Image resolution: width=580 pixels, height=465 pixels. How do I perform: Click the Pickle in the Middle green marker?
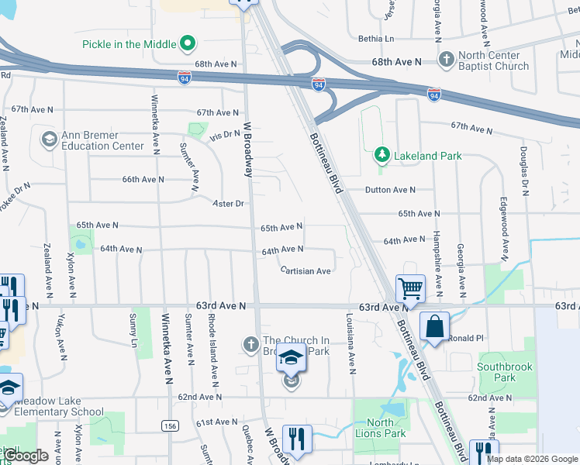[x=187, y=43]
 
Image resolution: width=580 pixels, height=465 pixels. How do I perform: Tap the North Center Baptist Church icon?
[x=446, y=60]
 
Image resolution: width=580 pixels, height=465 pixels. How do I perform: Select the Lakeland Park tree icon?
[x=381, y=156]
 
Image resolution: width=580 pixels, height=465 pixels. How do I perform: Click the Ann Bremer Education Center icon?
[x=49, y=139]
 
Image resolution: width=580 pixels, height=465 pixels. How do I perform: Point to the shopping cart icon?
[x=410, y=288]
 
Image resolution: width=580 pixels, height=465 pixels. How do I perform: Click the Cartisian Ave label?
[x=306, y=270]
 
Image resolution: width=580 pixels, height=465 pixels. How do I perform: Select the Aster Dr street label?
[x=229, y=203]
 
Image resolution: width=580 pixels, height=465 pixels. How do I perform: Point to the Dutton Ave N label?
[x=391, y=190]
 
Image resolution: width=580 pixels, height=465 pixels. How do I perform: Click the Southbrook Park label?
[x=496, y=372]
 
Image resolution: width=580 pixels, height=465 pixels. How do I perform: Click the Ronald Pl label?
[x=466, y=338]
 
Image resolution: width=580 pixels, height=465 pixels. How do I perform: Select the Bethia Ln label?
[x=376, y=38]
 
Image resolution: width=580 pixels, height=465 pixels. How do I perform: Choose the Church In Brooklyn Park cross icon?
[x=250, y=343]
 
